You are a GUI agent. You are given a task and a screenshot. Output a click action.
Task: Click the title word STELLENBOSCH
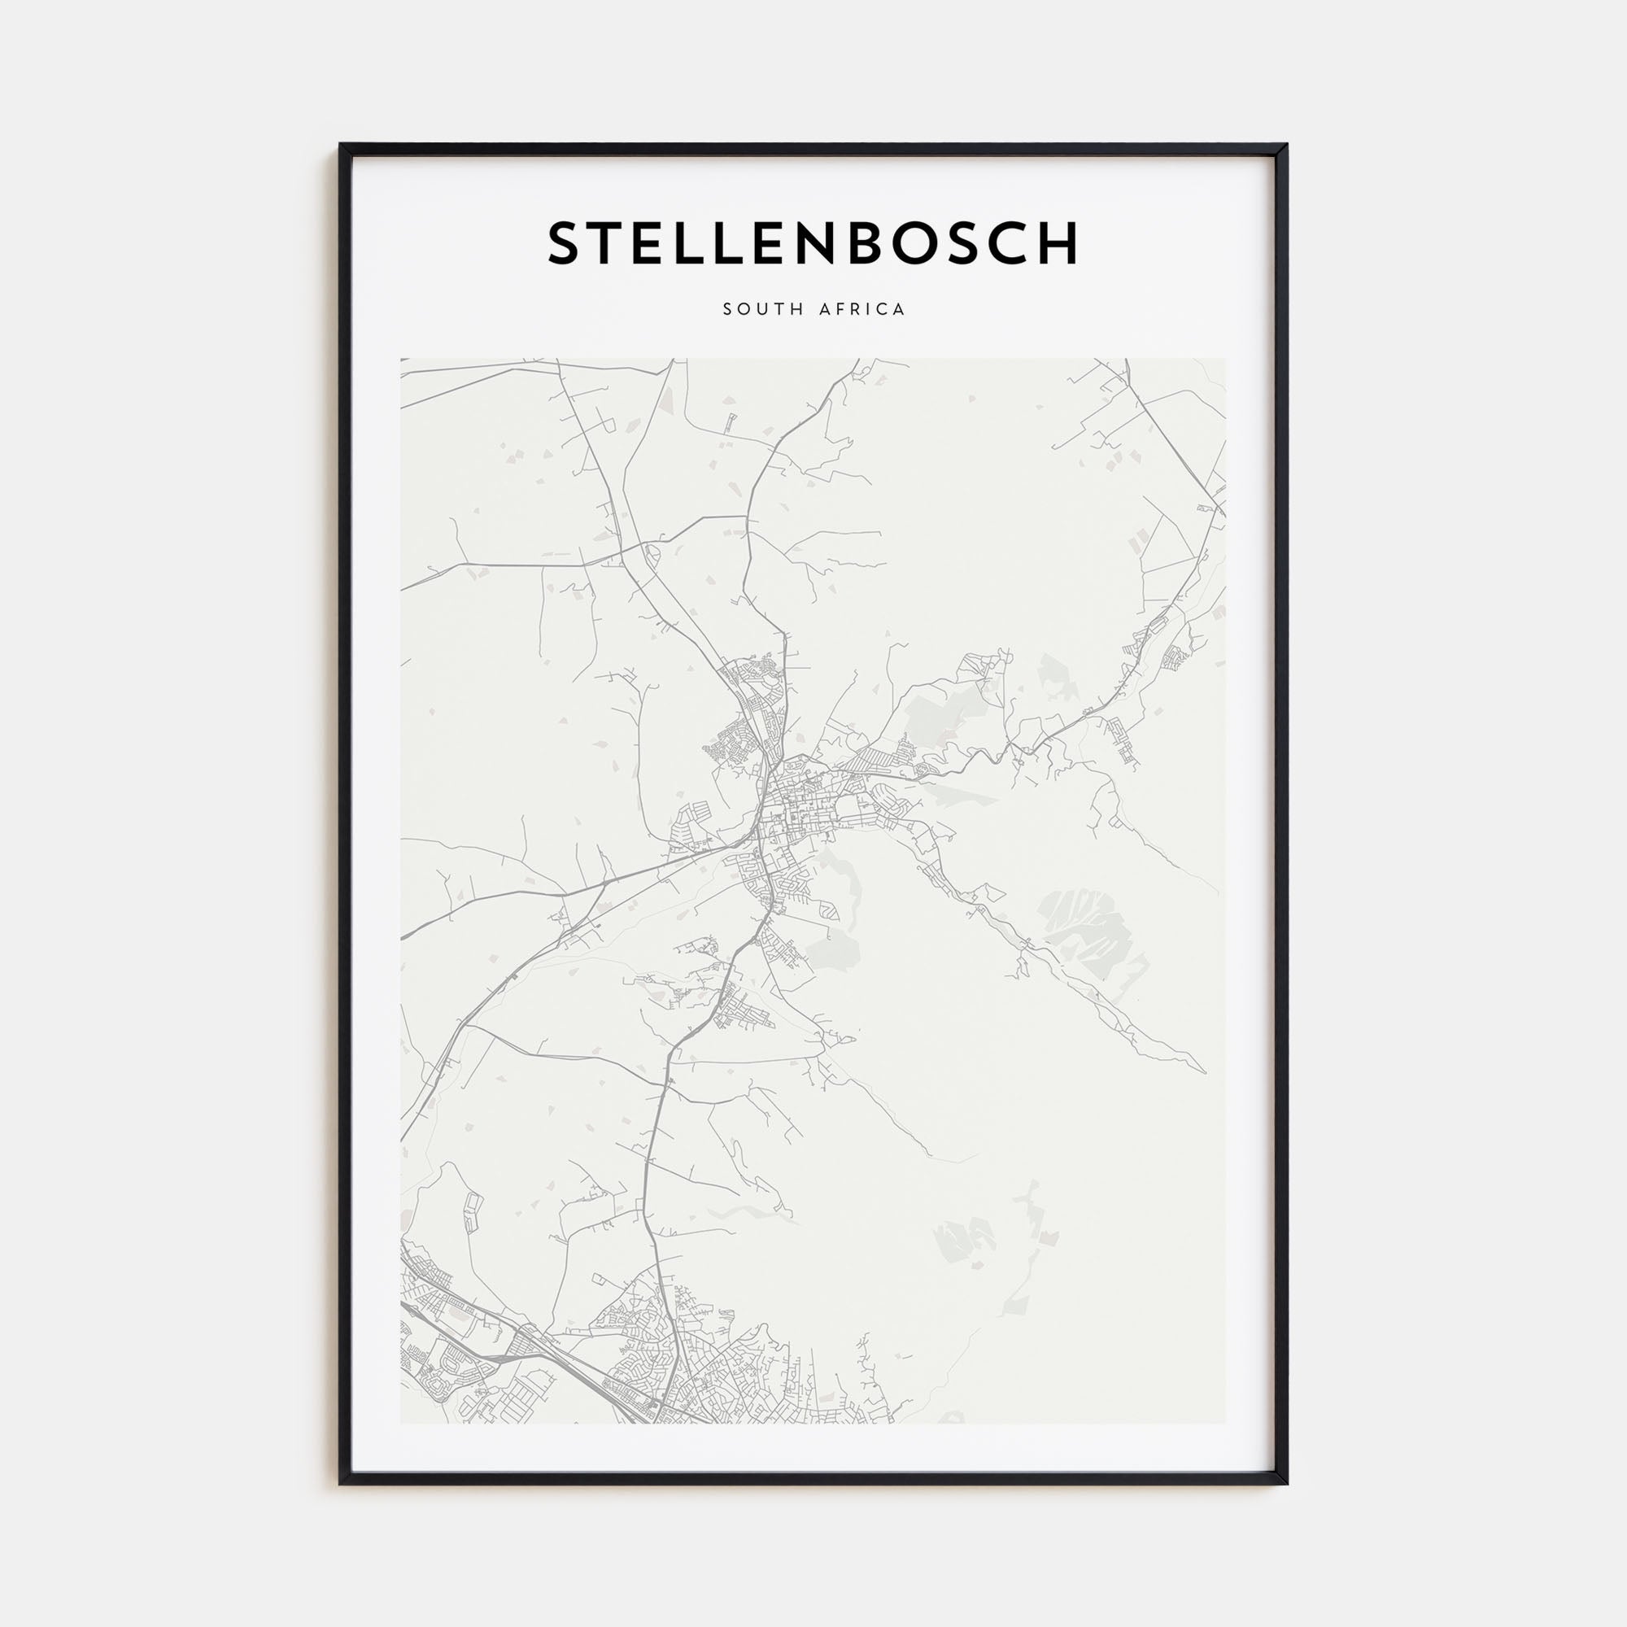pyautogui.click(x=813, y=243)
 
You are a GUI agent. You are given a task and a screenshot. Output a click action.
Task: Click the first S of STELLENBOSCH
pyautogui.click(x=565, y=243)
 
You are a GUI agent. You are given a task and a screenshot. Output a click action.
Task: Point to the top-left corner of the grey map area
pyautogui.click(x=402, y=360)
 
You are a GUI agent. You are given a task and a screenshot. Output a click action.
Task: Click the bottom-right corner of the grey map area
pyautogui.click(x=1225, y=1422)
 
